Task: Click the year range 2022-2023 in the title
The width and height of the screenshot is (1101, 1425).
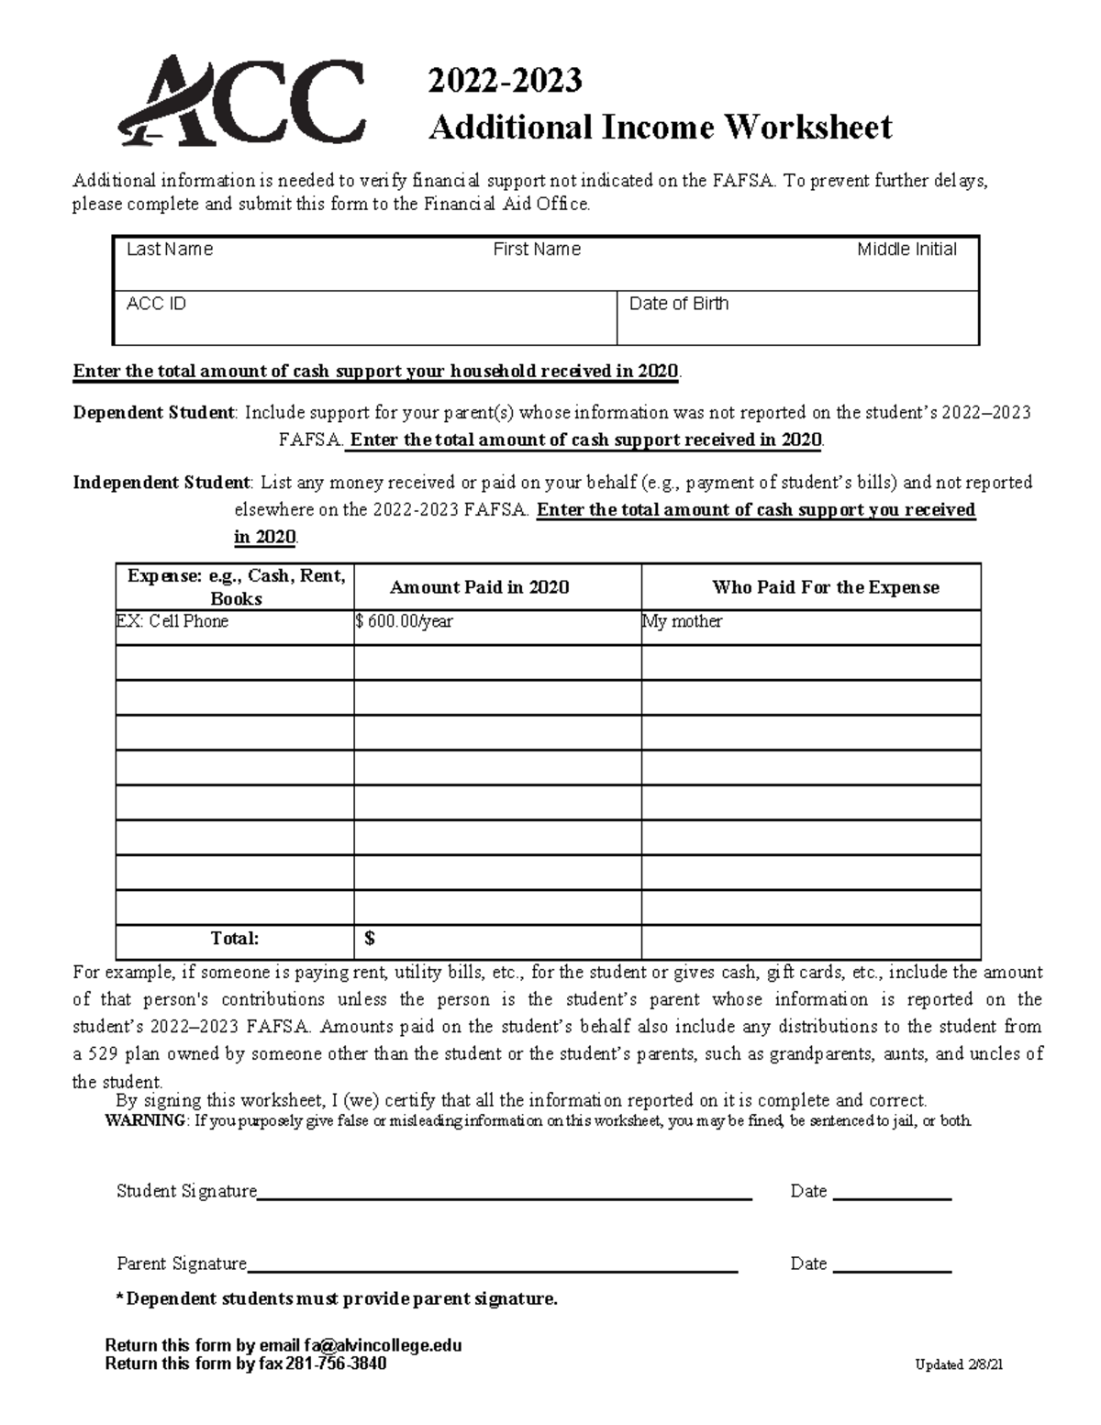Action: click(505, 81)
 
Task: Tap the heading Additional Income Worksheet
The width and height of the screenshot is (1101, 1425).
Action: click(660, 127)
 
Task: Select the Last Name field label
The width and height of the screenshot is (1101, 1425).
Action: click(170, 250)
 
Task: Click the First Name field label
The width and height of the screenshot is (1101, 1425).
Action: click(537, 250)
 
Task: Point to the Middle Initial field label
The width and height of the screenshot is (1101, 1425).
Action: click(906, 250)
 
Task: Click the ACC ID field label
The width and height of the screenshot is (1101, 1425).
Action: click(156, 304)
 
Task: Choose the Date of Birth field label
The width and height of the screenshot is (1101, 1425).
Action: click(679, 304)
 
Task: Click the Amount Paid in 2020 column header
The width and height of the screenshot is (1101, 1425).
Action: click(479, 587)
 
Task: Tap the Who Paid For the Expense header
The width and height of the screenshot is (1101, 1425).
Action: click(826, 587)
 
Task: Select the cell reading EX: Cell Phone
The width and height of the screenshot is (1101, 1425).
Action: click(172, 621)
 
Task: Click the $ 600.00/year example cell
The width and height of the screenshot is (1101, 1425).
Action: click(405, 621)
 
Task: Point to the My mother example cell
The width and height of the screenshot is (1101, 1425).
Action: click(683, 621)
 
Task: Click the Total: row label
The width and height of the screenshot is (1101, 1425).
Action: click(235, 939)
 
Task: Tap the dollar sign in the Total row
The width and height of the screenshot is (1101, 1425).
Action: click(370, 939)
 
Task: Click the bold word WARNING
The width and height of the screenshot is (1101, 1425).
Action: click(146, 1121)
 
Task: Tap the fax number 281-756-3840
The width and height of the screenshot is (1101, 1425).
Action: click(336, 1364)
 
